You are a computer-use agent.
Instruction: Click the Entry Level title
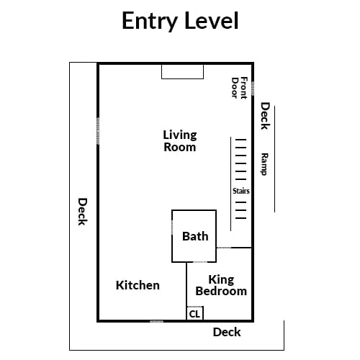[x=180, y=21]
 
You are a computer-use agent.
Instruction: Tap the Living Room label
[x=180, y=141]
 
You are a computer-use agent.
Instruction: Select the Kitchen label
[x=138, y=285]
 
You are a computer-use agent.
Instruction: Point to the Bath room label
[x=195, y=236]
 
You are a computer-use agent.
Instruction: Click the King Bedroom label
[x=221, y=285]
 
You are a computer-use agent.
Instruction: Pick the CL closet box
[x=195, y=313]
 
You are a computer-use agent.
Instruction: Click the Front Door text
[x=239, y=88]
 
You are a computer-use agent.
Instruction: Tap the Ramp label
[x=264, y=164]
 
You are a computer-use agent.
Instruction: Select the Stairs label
[x=241, y=191]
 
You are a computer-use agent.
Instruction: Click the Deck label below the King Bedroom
[x=227, y=332]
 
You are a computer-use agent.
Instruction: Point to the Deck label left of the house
[x=83, y=212]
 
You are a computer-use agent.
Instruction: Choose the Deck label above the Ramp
[x=266, y=116]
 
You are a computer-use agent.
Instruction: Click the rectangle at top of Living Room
[x=182, y=72]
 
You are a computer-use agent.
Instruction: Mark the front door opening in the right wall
[x=253, y=89]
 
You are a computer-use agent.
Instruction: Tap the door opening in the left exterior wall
[x=98, y=131]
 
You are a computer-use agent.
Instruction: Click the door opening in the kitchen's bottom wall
[x=156, y=321]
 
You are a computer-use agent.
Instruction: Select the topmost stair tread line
[x=240, y=140]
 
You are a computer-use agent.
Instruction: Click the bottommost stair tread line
[x=240, y=218]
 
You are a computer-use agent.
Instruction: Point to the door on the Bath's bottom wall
[x=200, y=262]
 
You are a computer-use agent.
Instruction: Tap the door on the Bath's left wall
[x=172, y=228]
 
